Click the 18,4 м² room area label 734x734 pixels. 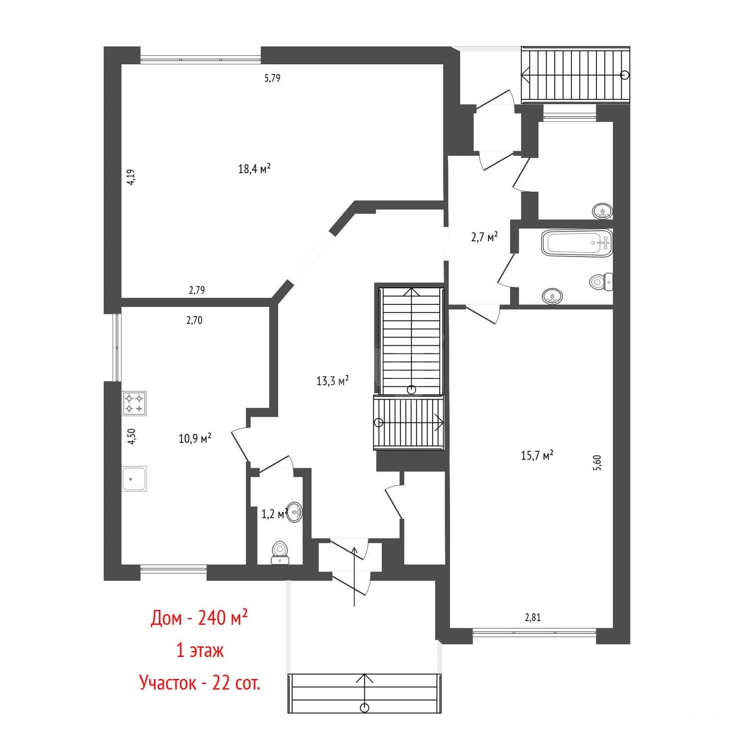255,168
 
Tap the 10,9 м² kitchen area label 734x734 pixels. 195,438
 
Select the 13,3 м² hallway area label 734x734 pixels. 333,380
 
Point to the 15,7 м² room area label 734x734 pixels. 538,455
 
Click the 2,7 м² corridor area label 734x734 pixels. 484,237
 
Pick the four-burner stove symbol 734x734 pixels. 134,403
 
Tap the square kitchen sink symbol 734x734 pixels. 134,479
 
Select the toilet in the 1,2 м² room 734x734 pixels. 280,553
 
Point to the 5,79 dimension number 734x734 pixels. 273,78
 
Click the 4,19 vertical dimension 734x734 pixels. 131,177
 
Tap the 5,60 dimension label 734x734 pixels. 598,463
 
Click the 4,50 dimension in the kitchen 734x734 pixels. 132,436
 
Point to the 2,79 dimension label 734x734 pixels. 197,290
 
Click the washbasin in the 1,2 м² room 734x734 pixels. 295,512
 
